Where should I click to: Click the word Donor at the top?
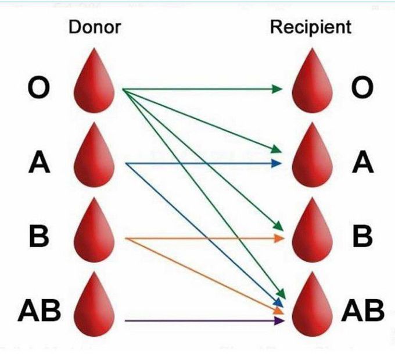pos(95,27)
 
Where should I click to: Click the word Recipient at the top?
pos(311,27)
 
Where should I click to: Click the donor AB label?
pos(39,311)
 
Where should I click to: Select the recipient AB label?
pos(362,311)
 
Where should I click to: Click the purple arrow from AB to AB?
pos(203,320)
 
